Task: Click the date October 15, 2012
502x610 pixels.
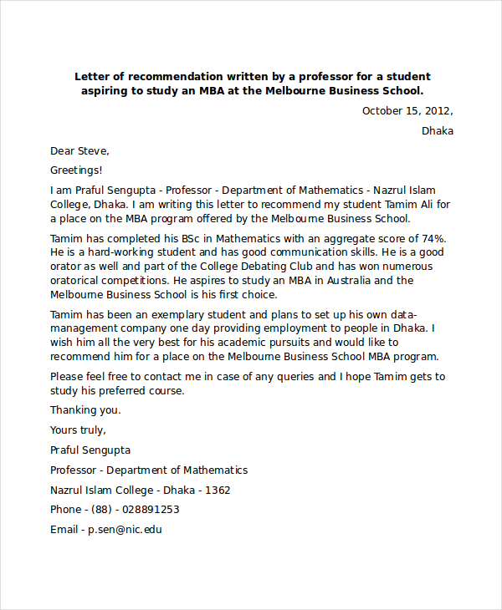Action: click(x=407, y=111)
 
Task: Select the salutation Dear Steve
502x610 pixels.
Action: click(x=79, y=151)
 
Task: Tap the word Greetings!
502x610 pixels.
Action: click(x=76, y=170)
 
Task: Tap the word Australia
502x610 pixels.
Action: click(x=339, y=281)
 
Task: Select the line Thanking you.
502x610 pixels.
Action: click(x=85, y=410)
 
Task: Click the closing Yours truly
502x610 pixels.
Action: click(x=78, y=430)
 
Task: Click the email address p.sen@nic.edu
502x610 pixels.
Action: click(x=125, y=530)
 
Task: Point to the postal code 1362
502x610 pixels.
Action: click(x=218, y=491)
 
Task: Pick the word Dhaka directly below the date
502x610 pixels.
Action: click(x=438, y=131)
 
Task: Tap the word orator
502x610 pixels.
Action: click(x=67, y=267)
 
